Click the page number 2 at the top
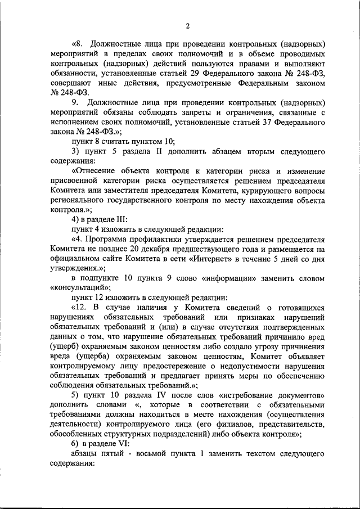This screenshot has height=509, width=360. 187,25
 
